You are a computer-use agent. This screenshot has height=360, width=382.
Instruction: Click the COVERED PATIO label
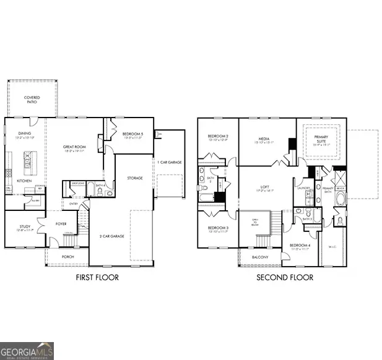(x=32, y=100)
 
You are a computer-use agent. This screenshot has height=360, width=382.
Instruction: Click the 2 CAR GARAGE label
(x=113, y=236)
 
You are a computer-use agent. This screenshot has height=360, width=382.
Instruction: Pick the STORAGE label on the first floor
(x=135, y=178)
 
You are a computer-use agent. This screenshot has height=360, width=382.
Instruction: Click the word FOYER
(x=61, y=225)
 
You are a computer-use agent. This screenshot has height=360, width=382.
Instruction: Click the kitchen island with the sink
(x=28, y=162)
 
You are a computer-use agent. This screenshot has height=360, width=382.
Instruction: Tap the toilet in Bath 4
(x=110, y=193)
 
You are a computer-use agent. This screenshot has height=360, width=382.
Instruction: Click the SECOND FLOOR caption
(x=285, y=278)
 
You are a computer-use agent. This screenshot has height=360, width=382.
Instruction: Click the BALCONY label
(x=260, y=257)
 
